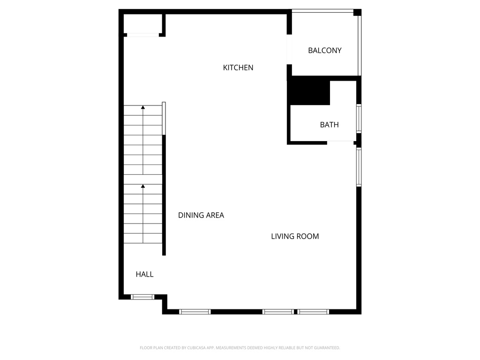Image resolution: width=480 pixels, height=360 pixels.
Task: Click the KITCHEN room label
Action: coord(238,67)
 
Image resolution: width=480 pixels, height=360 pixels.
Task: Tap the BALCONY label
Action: coord(324,51)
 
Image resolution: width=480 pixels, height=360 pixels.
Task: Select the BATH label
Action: coord(329,125)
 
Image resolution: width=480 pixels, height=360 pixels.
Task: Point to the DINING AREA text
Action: coord(201,215)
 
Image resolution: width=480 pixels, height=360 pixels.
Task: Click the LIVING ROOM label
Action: coord(295,236)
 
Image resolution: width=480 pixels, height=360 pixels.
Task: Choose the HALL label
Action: coord(144,274)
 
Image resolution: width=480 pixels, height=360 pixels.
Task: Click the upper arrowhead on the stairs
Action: coord(143,108)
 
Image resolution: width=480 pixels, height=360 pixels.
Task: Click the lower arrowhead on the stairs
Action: coord(143,186)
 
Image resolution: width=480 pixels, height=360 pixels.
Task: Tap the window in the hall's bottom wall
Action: coord(142,297)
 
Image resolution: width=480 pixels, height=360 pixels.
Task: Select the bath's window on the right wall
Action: coord(359,118)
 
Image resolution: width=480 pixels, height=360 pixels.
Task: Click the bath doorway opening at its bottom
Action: coord(340,141)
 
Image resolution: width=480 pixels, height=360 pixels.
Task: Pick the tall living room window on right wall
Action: coord(359,167)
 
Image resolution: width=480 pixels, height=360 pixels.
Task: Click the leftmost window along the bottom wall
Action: coord(195,312)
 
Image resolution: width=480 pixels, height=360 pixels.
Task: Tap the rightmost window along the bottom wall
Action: coord(314,312)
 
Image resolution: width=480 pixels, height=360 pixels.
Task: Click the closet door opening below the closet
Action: coord(143,35)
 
